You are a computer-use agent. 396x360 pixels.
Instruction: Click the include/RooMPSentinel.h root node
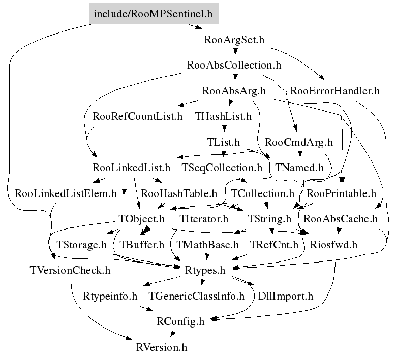coord(154,14)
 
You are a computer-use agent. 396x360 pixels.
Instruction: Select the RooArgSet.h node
coord(234,40)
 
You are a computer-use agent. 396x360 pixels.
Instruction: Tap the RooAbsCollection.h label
coord(234,66)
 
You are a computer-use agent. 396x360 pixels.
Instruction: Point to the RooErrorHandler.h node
coord(335,91)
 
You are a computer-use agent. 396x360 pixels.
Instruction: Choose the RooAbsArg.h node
coord(234,91)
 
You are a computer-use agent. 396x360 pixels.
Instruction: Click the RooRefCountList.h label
coord(137,117)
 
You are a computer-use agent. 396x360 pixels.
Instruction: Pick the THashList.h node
coord(223,117)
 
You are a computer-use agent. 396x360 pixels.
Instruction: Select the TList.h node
coord(223,142)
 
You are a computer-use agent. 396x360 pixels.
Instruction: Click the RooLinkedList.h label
coord(131,168)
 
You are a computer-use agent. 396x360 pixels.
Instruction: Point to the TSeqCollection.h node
coord(222,168)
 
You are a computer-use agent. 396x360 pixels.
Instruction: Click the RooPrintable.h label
coord(341,193)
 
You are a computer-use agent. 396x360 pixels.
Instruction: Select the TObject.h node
coord(142,219)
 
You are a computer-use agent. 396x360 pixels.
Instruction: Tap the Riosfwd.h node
coord(333,245)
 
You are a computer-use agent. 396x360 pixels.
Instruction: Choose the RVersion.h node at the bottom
coord(162,347)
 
